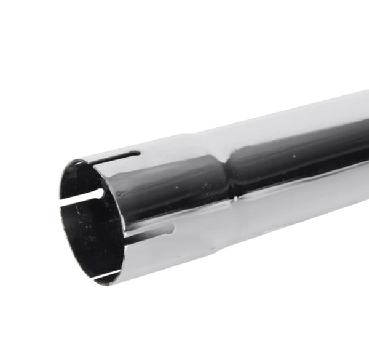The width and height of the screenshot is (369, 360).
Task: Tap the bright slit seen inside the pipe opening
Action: (80, 199)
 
